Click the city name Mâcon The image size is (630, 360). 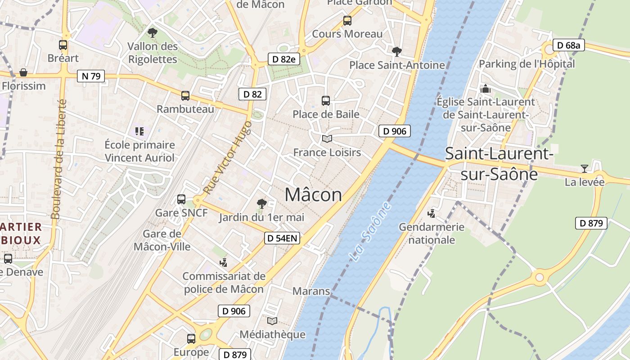pyautogui.click(x=313, y=195)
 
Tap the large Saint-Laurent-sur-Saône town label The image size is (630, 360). pyautogui.click(x=499, y=163)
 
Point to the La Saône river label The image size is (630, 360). pyautogui.click(x=370, y=232)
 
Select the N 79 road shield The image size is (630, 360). pyautogui.click(x=90, y=76)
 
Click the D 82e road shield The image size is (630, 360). pyautogui.click(x=283, y=59)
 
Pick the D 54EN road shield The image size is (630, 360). pyautogui.click(x=282, y=238)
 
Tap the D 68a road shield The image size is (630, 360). pyautogui.click(x=568, y=45)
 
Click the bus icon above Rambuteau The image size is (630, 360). pyautogui.click(x=185, y=95)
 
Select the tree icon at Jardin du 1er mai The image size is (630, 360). pyautogui.click(x=261, y=204)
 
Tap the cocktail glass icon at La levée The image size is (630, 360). pyautogui.click(x=584, y=169)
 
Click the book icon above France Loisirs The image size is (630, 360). pyautogui.click(x=327, y=139)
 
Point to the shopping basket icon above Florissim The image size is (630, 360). pyautogui.click(x=23, y=72)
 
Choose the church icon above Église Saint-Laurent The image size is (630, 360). pyautogui.click(x=486, y=89)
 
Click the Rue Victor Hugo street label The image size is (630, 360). pyautogui.click(x=227, y=157)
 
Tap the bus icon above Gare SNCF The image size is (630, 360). pyautogui.click(x=181, y=199)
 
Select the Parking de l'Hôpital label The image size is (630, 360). pyautogui.click(x=526, y=64)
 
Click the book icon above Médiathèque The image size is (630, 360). pyautogui.click(x=272, y=321)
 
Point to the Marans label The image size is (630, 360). pyautogui.click(x=311, y=291)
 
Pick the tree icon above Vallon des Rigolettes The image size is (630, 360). pyautogui.click(x=153, y=32)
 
